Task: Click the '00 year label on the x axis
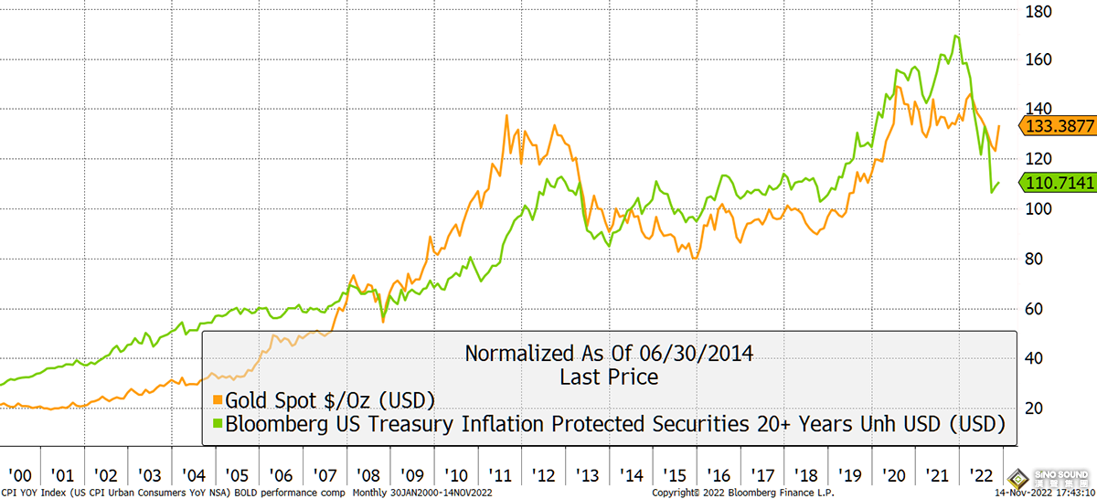coord(20,476)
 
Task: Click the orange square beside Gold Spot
coord(218,399)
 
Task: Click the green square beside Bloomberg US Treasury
coord(218,424)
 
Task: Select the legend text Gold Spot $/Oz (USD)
coord(330,399)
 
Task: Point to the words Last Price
coord(608,376)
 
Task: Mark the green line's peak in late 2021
coord(956,37)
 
